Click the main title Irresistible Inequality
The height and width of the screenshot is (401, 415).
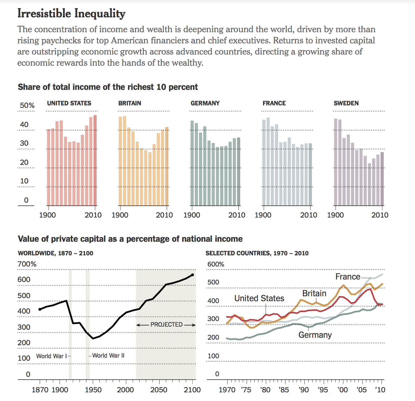[71, 14]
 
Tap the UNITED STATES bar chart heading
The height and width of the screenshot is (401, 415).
[69, 103]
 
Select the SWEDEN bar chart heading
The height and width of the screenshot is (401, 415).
[346, 103]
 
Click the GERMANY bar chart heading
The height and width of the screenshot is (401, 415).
[205, 103]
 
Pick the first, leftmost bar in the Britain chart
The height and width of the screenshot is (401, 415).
[120, 161]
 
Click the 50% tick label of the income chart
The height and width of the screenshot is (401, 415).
[27, 105]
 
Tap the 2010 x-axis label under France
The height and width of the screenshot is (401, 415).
[308, 215]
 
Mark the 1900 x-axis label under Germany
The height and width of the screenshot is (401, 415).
[192, 215]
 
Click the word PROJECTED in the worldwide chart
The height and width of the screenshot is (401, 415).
[167, 324]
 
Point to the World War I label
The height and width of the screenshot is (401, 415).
[51, 356]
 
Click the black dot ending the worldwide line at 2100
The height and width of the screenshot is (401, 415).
[192, 275]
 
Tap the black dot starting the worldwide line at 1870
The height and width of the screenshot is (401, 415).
[40, 309]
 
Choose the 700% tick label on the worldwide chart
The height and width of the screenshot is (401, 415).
[27, 264]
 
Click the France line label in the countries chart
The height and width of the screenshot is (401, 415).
[348, 277]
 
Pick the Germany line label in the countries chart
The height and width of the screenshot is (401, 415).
[315, 335]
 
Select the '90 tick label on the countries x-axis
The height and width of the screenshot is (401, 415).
[304, 390]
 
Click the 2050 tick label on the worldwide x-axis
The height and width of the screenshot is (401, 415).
[159, 390]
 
